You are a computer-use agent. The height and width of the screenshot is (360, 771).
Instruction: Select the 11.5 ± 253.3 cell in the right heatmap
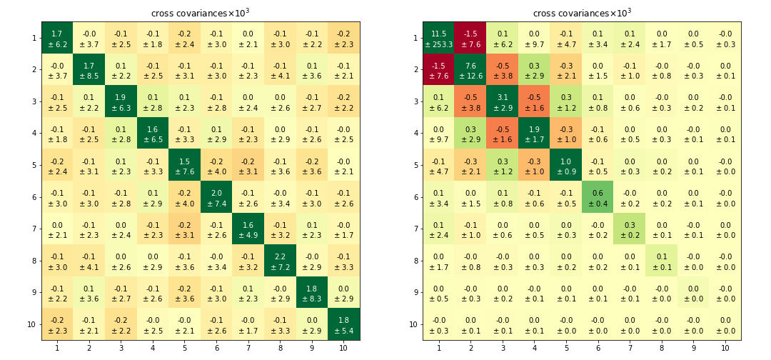coord(438,38)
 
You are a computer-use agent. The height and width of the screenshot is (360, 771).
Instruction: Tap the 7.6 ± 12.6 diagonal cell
coord(470,70)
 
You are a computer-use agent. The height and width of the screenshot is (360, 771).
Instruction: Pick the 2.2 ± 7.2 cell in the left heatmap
coord(280,260)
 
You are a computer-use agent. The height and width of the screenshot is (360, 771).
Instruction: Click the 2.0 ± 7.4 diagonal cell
coord(216,196)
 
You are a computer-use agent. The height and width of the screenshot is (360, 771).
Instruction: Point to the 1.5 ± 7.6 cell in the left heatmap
coord(184,165)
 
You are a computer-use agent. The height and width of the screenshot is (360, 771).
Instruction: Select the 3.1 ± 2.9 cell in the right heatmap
coord(502,101)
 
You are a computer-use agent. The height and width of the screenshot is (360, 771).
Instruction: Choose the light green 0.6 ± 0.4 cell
coord(598,196)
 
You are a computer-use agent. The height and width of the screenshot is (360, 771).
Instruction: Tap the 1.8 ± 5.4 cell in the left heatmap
coord(343,324)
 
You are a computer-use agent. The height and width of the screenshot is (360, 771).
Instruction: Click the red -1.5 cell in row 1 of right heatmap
coord(470,38)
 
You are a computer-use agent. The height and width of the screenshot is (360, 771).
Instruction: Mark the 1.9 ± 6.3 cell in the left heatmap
coord(121,101)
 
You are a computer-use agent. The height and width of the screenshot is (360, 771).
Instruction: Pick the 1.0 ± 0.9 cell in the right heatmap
coord(565,165)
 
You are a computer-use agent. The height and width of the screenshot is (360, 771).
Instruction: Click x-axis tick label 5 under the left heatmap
coord(184,348)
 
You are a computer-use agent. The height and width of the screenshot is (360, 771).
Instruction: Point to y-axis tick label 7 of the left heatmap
coord(34,229)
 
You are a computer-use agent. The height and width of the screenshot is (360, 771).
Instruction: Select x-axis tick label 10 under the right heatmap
coord(725,348)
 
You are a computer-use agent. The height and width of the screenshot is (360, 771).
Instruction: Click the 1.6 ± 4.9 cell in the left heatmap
coord(248,229)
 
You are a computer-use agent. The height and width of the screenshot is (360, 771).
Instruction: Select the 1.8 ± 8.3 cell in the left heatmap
coord(311,292)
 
